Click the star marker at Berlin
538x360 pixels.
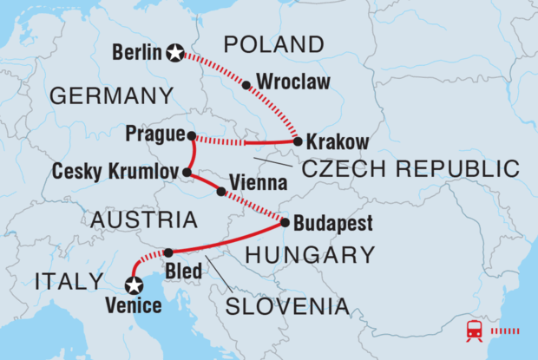coord(176,53)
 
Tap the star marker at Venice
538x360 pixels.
coord(134,284)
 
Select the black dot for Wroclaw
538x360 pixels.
coord(246,85)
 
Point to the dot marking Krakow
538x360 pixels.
coord(298,141)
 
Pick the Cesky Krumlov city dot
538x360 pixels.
coord(187,173)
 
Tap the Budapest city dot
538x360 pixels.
coord(285,223)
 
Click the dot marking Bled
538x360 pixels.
coord(168,252)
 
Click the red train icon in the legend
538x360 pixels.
coord(476,330)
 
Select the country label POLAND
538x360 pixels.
coord(273,44)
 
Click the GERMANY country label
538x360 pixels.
coord(119,96)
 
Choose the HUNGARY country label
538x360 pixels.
coord(311,255)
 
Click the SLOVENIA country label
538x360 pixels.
coord(287,306)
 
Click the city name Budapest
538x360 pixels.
coord(332,224)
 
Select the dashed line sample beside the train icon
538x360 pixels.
coord(506,331)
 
